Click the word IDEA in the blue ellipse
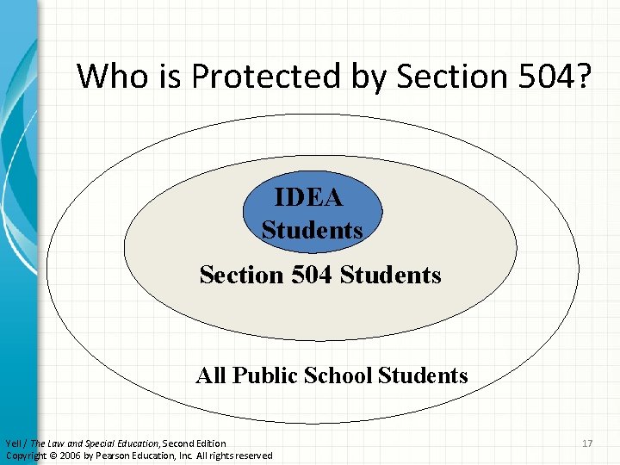tap(308, 198)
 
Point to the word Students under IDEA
tap(312, 231)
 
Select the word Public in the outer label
tap(264, 375)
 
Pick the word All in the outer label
tap(211, 375)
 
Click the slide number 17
tap(588, 443)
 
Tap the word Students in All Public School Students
tap(423, 375)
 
